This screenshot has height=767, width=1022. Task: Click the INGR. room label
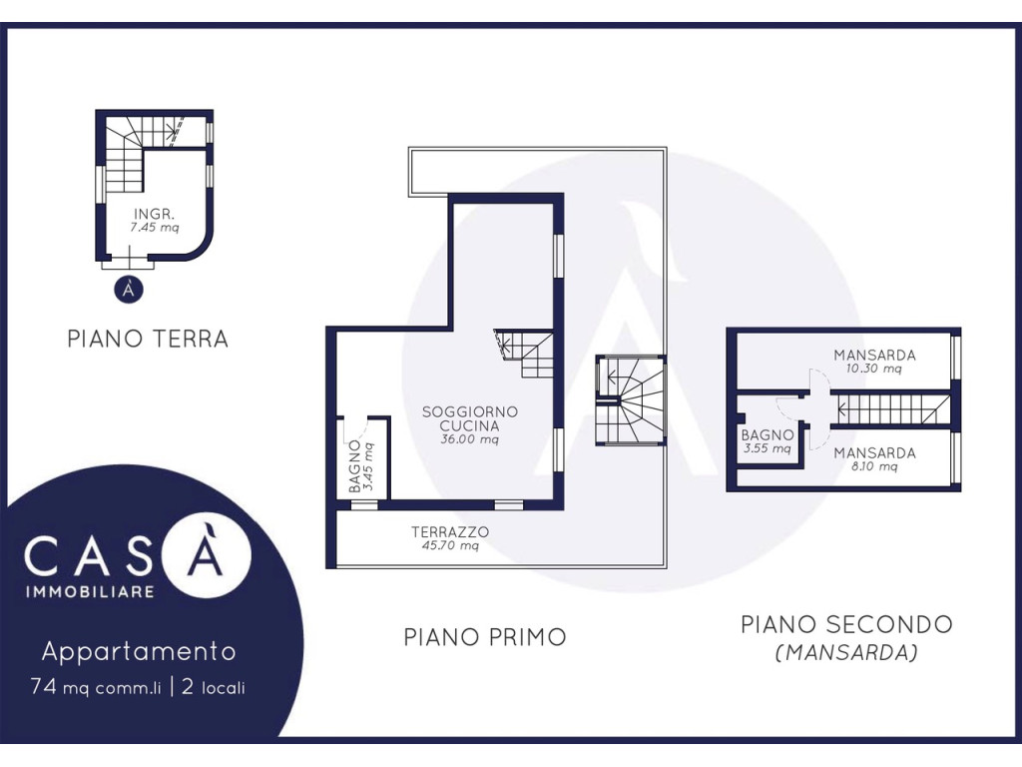point(154,214)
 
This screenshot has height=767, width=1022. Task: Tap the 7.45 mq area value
point(155,228)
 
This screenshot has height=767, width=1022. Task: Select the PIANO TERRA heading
point(148,339)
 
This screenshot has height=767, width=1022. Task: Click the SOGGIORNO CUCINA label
point(470,418)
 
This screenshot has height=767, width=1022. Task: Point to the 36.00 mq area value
point(470,439)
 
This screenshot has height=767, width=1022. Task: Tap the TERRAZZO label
point(450,531)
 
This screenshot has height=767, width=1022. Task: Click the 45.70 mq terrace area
point(450,545)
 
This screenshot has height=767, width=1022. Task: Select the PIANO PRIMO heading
point(485,637)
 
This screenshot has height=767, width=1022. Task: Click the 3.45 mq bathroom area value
point(369,466)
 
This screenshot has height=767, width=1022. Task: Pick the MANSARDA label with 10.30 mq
point(874,356)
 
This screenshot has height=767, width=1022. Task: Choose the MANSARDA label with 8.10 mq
point(874,452)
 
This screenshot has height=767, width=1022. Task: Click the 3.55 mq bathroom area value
point(767,448)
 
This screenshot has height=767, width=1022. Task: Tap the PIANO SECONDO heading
point(846,624)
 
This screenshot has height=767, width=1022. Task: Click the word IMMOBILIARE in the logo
point(90,591)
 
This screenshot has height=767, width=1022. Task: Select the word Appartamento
point(139,651)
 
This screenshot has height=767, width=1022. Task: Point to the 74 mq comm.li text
point(95,687)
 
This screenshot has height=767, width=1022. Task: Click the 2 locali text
point(214,687)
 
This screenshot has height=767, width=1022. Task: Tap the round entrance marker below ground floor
point(129,289)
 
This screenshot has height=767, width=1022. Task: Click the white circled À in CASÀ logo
point(206,553)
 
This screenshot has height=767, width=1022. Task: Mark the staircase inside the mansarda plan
point(890,408)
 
